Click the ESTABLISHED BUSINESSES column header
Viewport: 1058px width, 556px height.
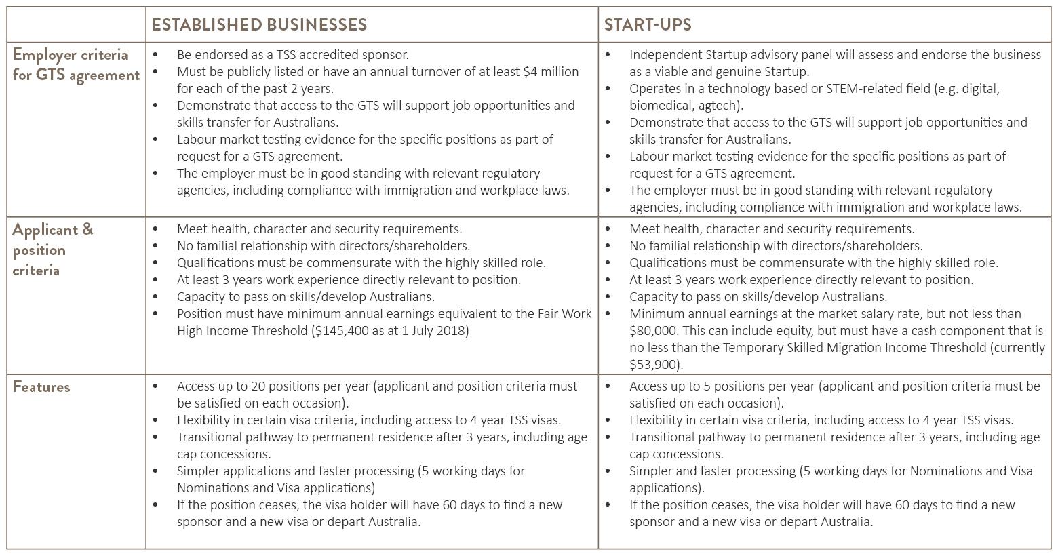click(259, 24)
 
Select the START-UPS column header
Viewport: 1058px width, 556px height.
click(648, 24)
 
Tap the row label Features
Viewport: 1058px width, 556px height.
click(41, 387)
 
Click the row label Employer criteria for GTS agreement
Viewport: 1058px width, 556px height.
click(76, 65)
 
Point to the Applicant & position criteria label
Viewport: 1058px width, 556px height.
click(53, 250)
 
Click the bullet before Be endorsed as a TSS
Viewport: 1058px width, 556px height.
click(155, 55)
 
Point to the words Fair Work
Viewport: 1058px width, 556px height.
click(564, 314)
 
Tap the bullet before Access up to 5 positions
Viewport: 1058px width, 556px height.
click(608, 386)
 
